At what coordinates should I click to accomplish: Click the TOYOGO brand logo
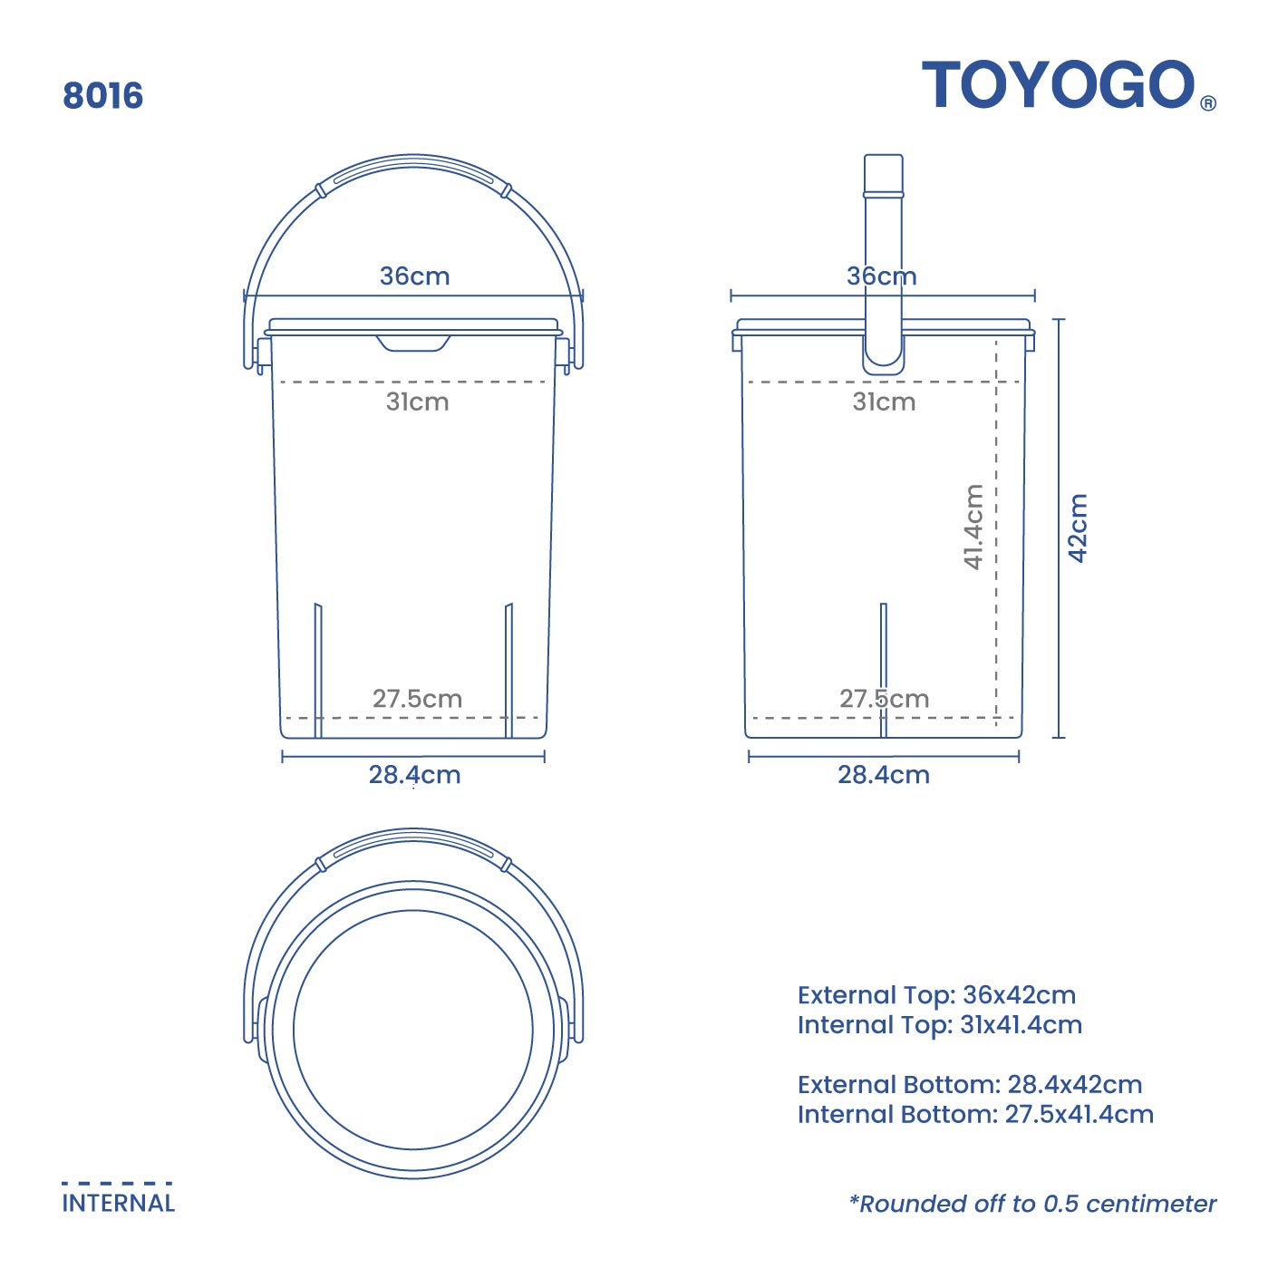[x=1059, y=85]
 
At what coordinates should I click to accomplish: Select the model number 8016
[x=102, y=96]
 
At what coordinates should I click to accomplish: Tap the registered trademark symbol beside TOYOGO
[x=1207, y=103]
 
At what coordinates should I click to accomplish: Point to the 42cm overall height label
[x=1077, y=528]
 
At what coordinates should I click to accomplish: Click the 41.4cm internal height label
[x=973, y=527]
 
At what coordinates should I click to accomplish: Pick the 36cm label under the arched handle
[x=414, y=276]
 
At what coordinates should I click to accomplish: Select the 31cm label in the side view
[x=884, y=402]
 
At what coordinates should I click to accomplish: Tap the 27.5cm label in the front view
[x=417, y=699]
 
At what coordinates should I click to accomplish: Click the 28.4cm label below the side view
[x=884, y=775]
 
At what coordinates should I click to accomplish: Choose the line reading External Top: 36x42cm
[x=936, y=995]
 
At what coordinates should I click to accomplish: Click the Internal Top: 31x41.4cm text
[x=940, y=1025]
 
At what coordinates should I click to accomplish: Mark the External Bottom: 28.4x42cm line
[x=970, y=1085]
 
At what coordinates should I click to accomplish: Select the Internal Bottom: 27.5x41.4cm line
[x=975, y=1115]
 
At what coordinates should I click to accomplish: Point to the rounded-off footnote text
[x=1032, y=1204]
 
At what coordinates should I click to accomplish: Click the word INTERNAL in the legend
[x=118, y=1204]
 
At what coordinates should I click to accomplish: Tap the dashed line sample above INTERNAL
[x=117, y=1183]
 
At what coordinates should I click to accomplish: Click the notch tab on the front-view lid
[x=413, y=343]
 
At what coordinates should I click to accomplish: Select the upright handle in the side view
[x=883, y=263]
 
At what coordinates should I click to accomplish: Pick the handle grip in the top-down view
[x=413, y=844]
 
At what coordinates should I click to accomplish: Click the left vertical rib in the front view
[x=318, y=670]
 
